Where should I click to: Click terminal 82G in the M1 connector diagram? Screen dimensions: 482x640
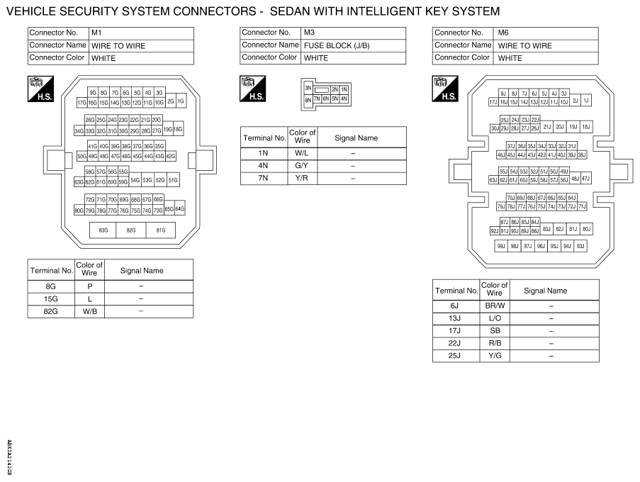(x=131, y=230)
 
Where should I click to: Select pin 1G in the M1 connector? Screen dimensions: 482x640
(x=180, y=101)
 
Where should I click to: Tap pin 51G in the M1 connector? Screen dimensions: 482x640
(x=173, y=181)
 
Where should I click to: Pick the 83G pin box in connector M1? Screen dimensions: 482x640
(x=103, y=230)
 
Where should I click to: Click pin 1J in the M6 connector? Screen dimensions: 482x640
(x=586, y=101)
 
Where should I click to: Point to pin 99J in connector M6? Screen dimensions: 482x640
(x=500, y=246)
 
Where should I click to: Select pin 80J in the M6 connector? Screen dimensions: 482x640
(x=586, y=229)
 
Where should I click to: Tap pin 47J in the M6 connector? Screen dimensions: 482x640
(x=585, y=179)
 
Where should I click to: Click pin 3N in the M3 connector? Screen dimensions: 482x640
(x=308, y=88)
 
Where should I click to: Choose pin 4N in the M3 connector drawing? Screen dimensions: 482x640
(x=344, y=99)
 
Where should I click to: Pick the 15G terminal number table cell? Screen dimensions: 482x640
(x=51, y=298)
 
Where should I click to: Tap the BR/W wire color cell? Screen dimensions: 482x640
(x=494, y=305)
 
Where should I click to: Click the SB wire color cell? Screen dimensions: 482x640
(x=494, y=330)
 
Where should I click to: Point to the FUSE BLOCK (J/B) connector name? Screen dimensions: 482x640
(x=337, y=45)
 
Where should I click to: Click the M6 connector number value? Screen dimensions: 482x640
(x=503, y=33)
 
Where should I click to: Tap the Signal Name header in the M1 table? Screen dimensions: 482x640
(x=142, y=270)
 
